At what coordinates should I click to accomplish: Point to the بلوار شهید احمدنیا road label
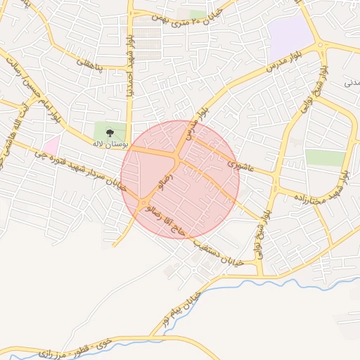pos(129,63)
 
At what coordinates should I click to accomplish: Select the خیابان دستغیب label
pos(218,251)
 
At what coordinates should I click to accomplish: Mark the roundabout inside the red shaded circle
pos(145,203)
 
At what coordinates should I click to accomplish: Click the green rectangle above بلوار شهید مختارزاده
pos(325,157)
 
